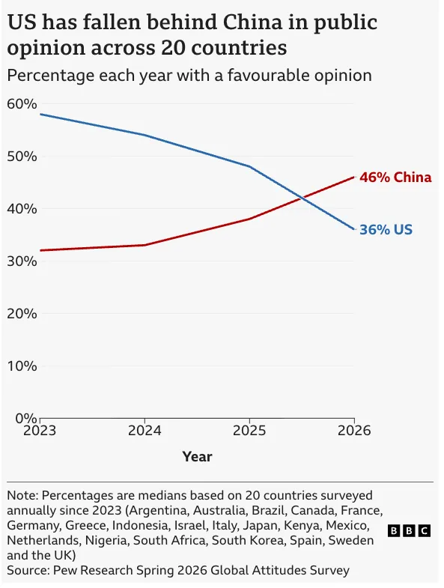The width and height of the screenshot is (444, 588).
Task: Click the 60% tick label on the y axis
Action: pyautogui.click(x=22, y=104)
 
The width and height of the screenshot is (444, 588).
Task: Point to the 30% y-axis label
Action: pyautogui.click(x=22, y=261)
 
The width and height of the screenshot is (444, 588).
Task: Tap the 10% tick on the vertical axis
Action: pyautogui.click(x=22, y=366)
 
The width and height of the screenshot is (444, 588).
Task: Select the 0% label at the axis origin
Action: pyautogui.click(x=26, y=418)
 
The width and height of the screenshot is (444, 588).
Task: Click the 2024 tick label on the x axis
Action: pyautogui.click(x=145, y=431)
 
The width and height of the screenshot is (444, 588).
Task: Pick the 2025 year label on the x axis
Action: pyautogui.click(x=249, y=431)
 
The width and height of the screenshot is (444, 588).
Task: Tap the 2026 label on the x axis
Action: pyautogui.click(x=354, y=431)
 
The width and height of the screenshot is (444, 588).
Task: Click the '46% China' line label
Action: pyautogui.click(x=395, y=177)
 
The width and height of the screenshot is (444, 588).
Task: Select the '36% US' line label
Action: pyautogui.click(x=386, y=229)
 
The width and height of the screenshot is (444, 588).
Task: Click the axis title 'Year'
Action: pyautogui.click(x=197, y=457)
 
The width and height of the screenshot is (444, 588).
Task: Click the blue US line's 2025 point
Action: pyautogui.click(x=249, y=166)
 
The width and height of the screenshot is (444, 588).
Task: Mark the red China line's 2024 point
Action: pyautogui.click(x=145, y=245)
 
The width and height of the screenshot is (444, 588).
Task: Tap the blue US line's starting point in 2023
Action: pyautogui.click(x=40, y=114)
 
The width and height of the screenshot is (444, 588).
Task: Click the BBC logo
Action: pyautogui.click(x=409, y=530)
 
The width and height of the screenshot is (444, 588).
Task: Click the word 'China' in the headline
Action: pyautogui.click(x=252, y=22)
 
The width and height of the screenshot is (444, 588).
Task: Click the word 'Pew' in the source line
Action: pyautogui.click(x=63, y=570)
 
